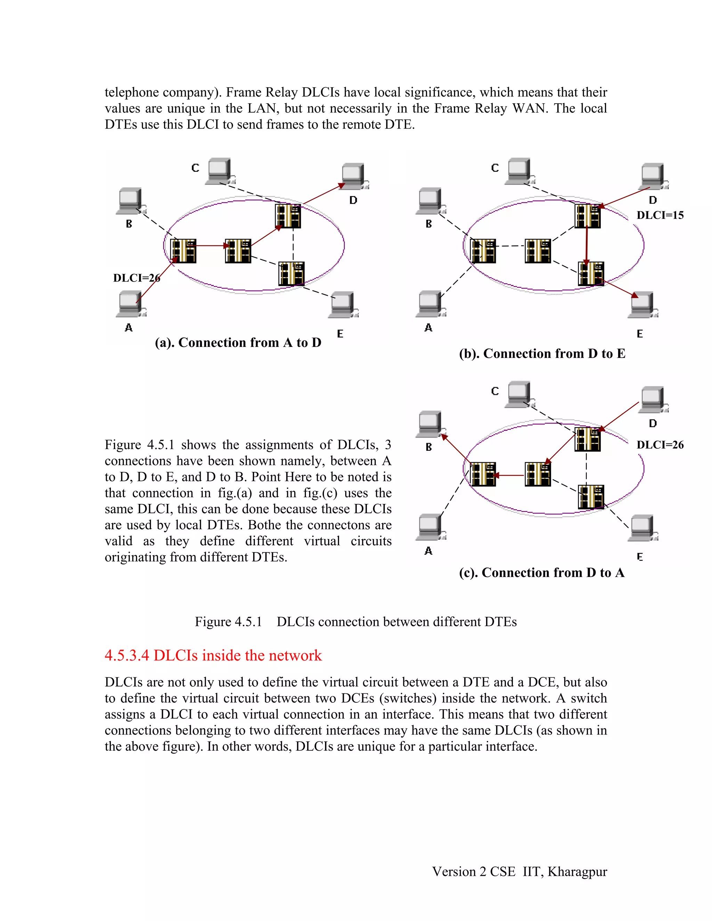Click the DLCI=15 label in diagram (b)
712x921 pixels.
(660, 215)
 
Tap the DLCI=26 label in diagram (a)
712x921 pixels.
(136, 278)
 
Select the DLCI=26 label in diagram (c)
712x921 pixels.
(660, 445)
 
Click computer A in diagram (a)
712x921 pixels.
(130, 304)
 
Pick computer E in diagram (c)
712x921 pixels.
(642, 528)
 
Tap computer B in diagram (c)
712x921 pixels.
(430, 424)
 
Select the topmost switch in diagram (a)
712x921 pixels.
(288, 216)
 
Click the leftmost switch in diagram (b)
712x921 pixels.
(483, 251)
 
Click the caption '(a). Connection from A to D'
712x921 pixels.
(238, 342)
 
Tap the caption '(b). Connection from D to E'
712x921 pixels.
(542, 353)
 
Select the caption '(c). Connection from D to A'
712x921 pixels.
(542, 572)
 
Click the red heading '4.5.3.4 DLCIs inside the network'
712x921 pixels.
(213, 655)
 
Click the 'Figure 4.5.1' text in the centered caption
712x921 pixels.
(228, 622)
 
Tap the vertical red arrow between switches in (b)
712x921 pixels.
(586, 245)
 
